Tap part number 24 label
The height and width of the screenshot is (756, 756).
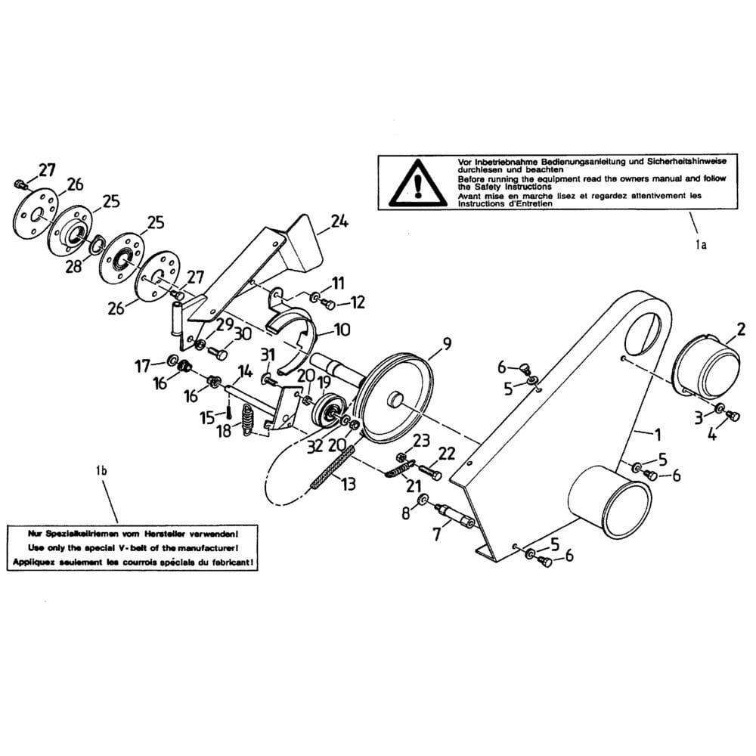click(x=339, y=222)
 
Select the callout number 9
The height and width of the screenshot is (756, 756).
click(x=446, y=344)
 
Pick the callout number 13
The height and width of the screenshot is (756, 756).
click(x=348, y=484)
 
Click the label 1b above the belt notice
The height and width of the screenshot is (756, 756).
click(x=101, y=472)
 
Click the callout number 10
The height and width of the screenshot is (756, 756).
click(x=342, y=330)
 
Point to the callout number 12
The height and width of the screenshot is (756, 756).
click(x=357, y=303)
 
